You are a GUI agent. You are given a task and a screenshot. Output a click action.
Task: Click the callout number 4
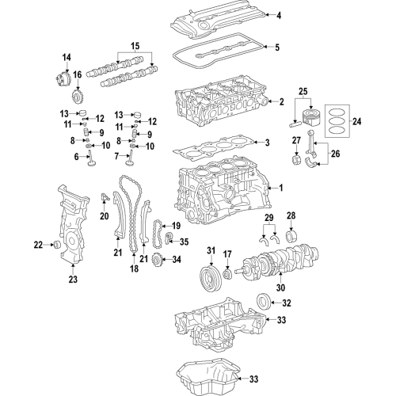click(278, 15)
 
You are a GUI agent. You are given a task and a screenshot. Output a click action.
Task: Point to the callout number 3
click(267, 143)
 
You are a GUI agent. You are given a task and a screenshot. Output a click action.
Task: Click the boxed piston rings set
click(336, 122)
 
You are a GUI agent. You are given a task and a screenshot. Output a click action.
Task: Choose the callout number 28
click(291, 216)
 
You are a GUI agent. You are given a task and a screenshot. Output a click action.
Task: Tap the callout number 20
click(104, 216)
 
